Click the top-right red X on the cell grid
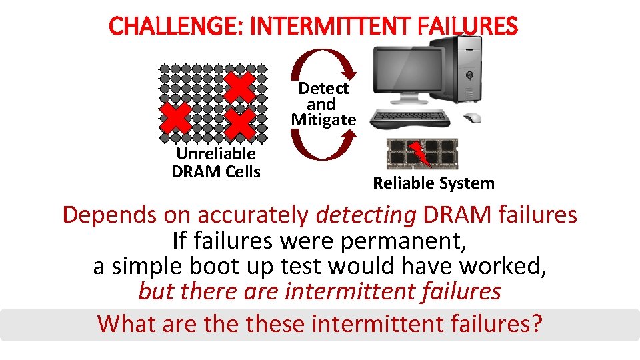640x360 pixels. pos(239,87)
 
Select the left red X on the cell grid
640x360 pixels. pos(175,118)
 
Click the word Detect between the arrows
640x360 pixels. pos(323,88)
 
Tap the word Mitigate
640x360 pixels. pos(324,119)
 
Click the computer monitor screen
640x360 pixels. pos(408,69)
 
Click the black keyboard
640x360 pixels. pos(410,119)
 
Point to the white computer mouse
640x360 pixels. pos(473,117)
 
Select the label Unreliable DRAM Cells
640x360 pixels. pos(216,163)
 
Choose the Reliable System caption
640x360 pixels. pos(433,183)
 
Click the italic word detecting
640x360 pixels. pos(366,215)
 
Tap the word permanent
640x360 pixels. pos(403,241)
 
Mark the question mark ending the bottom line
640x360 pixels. pos(537,323)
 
